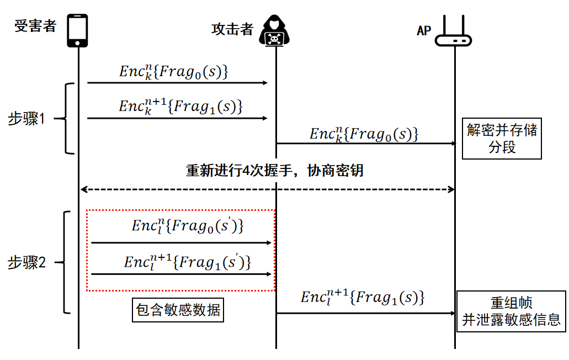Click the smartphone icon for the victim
click(x=78, y=30)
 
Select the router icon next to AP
click(x=454, y=34)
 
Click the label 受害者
click(x=35, y=26)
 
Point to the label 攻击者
click(x=232, y=29)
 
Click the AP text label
click(x=423, y=31)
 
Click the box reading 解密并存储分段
click(x=502, y=139)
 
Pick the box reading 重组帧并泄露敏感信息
click(x=511, y=311)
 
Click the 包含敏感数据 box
click(x=179, y=310)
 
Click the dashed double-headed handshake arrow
click(x=268, y=189)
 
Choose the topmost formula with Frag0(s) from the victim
click(x=174, y=71)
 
